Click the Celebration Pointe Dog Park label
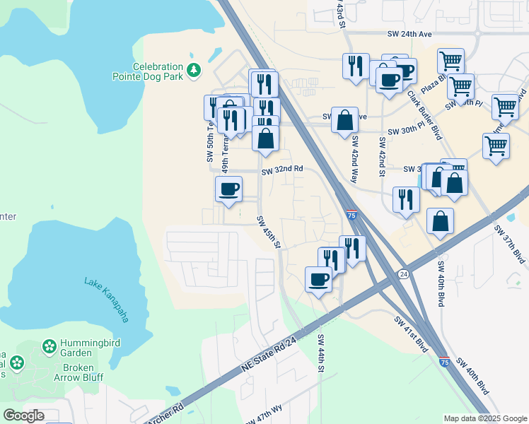[148, 70]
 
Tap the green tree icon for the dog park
[193, 70]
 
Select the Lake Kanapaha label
[107, 300]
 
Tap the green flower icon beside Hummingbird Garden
[50, 346]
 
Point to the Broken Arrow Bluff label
[78, 372]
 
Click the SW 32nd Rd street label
[281, 170]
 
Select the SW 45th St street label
[269, 232]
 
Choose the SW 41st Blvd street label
[412, 334]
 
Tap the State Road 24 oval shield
[403, 273]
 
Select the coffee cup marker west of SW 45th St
[228, 189]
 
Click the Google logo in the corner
[23, 416]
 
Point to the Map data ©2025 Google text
[484, 418]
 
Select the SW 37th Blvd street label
[510, 245]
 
